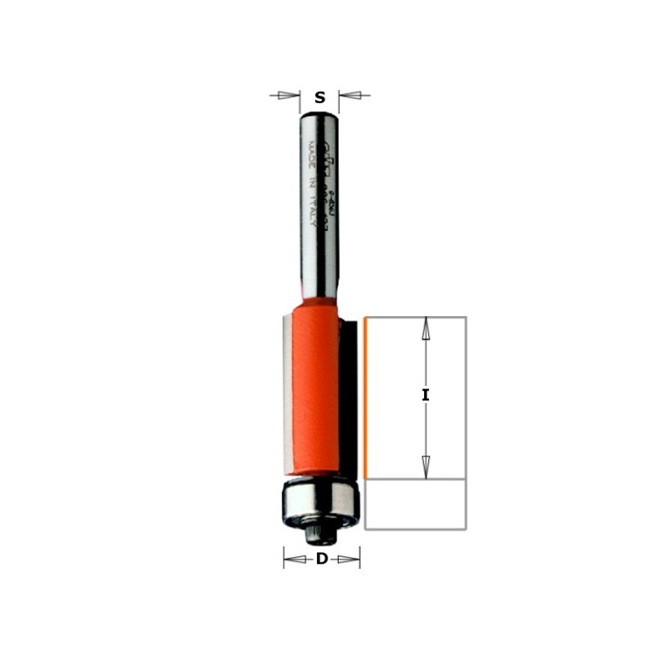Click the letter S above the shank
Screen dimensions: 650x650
point(320,98)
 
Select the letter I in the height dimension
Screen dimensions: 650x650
point(425,396)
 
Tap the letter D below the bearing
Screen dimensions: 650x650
point(322,559)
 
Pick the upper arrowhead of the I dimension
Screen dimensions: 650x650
point(425,328)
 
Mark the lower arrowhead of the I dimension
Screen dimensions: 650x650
point(425,466)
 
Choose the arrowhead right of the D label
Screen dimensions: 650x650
point(349,558)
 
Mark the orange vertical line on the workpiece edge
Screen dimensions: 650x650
point(366,398)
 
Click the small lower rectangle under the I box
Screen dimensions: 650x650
point(414,504)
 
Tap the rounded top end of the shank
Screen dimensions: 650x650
point(319,115)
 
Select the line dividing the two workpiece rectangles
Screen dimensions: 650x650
point(414,479)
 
